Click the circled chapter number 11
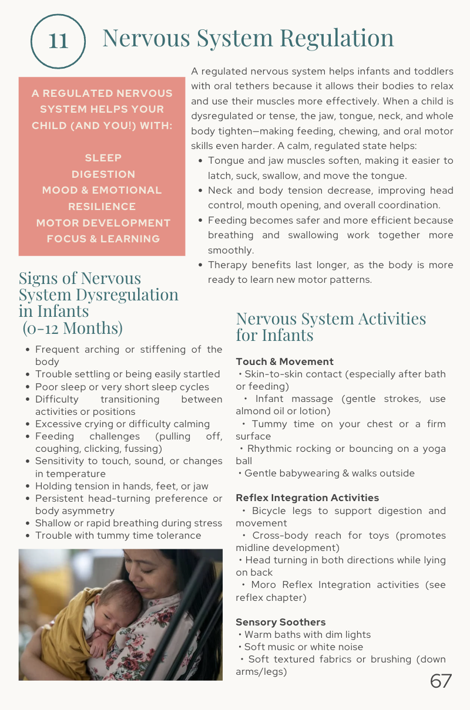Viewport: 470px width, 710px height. click(x=58, y=40)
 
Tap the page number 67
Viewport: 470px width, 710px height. click(x=441, y=681)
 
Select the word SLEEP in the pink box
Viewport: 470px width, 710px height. click(x=103, y=158)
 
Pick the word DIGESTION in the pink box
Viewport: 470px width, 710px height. click(x=103, y=174)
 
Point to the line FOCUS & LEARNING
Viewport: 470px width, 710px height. click(x=103, y=239)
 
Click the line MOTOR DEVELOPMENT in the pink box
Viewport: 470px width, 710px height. click(x=103, y=223)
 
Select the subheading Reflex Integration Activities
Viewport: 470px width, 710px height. click(x=307, y=498)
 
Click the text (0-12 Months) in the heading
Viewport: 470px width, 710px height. click(x=72, y=327)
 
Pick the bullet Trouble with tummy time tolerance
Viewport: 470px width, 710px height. click(x=118, y=535)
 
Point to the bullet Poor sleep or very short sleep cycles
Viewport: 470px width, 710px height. click(x=122, y=387)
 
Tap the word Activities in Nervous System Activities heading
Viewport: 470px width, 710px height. click(x=385, y=319)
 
